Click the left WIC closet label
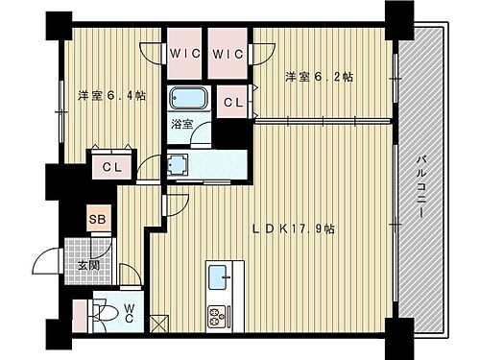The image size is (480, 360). pos(185,54)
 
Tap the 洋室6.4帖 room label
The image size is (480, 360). pos(112,95)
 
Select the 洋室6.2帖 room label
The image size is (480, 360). pos(318,77)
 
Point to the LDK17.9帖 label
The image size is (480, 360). pos(294,229)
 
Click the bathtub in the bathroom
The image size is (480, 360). pos(185,100)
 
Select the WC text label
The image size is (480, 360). pos(130,314)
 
